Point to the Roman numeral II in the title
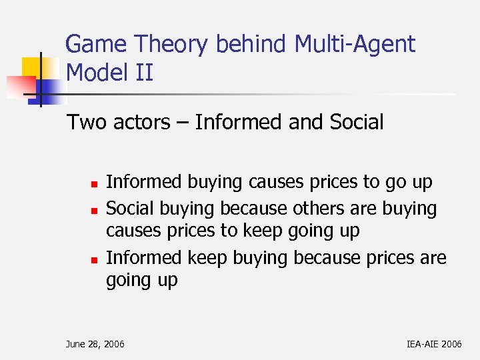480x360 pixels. [x=143, y=72]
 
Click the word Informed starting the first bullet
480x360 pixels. [x=143, y=182]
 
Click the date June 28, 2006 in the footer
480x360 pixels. [x=95, y=343]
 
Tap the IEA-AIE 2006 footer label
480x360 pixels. [x=433, y=343]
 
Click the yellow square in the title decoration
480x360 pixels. [x=33, y=67]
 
